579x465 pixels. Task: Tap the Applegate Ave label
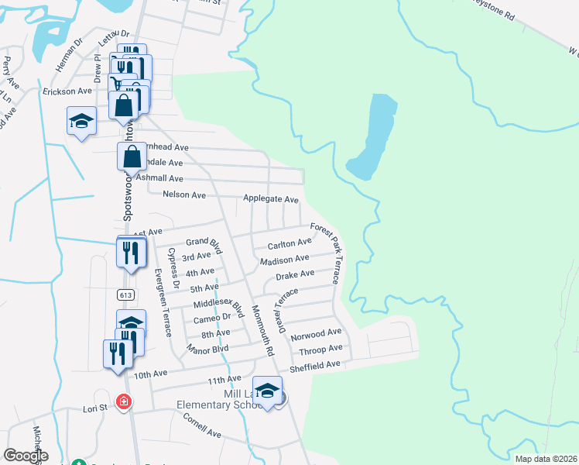[271, 199]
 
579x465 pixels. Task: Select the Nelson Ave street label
[184, 195]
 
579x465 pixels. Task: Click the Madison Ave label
[285, 260]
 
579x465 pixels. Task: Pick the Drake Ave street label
[296, 274]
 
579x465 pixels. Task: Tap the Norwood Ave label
[316, 334]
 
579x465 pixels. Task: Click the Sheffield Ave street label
[315, 364]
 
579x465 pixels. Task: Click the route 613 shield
[125, 294]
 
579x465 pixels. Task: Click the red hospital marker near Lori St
[123, 401]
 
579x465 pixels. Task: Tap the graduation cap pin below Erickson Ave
[81, 122]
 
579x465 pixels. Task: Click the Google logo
[26, 456]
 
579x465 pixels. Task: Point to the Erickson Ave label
[67, 91]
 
